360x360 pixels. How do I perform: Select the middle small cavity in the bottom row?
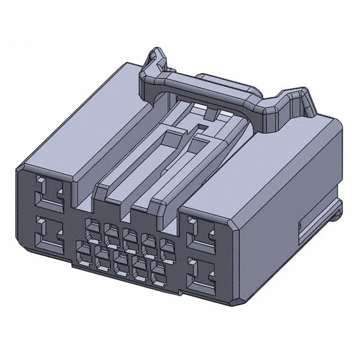121,260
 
